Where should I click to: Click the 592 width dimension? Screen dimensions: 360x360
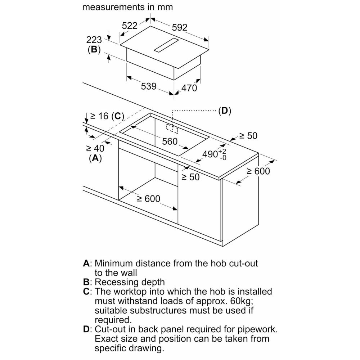[180, 28]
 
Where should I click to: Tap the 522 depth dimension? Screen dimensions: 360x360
[130, 26]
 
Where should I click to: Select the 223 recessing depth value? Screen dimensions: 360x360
[94, 40]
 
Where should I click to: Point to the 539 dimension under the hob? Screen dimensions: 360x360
[149, 86]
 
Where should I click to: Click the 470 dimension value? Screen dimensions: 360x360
[189, 88]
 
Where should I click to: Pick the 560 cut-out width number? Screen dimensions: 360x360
[170, 141]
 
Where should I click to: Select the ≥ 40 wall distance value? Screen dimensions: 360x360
[95, 149]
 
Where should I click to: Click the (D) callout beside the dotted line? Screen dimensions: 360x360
[225, 111]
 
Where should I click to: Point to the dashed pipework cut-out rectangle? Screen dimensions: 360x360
[172, 129]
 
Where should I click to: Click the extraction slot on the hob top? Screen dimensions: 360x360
[166, 45]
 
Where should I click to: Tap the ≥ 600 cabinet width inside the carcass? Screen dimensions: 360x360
[149, 199]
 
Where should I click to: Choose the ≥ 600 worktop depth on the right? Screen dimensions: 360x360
[258, 171]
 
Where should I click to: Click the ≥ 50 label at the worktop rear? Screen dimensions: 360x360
[248, 136]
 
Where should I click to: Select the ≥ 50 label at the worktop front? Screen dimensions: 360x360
[190, 177]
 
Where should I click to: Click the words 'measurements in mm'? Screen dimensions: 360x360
[127, 7]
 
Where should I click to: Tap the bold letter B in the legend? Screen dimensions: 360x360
[86, 282]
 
